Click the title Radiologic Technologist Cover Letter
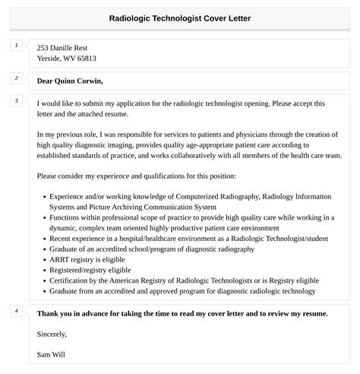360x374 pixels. click(180, 17)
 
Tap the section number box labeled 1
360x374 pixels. click(17, 46)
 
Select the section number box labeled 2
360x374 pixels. click(17, 78)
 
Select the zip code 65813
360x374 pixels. click(85, 58)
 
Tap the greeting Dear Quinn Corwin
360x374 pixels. click(69, 81)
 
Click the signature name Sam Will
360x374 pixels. click(52, 353)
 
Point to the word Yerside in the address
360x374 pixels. click(52, 58)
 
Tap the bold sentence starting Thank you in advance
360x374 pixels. click(182, 313)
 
